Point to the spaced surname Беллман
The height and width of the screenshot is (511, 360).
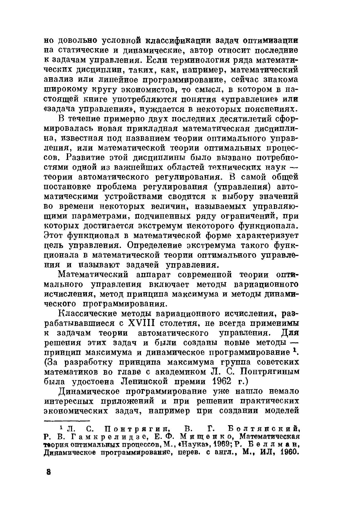(x=274, y=445)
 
